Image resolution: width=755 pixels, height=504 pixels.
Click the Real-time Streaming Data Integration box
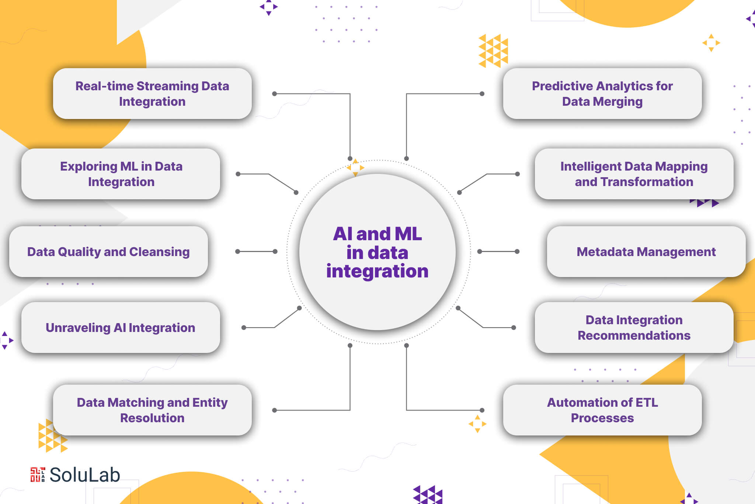152,94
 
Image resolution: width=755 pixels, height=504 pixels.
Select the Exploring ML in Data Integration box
121,174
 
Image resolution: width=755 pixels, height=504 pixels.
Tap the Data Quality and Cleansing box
108,252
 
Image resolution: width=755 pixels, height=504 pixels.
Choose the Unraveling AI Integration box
121,328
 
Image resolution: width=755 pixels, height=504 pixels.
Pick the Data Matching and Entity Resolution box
152,410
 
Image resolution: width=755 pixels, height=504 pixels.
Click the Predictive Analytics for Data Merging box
602,94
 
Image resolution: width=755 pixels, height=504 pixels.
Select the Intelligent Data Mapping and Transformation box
634,174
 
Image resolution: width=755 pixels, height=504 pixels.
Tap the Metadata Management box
646,252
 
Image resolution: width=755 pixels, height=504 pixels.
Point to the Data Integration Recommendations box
634,328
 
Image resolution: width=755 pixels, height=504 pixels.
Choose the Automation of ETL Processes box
602,410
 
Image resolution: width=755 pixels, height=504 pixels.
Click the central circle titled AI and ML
377,252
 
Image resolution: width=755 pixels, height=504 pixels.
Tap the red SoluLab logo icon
38,475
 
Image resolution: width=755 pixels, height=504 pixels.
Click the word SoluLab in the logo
85,475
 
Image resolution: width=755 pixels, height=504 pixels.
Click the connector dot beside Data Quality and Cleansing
238,252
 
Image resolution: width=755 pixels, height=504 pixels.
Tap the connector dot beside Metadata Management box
517,252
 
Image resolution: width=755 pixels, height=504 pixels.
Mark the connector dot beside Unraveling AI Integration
244,328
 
